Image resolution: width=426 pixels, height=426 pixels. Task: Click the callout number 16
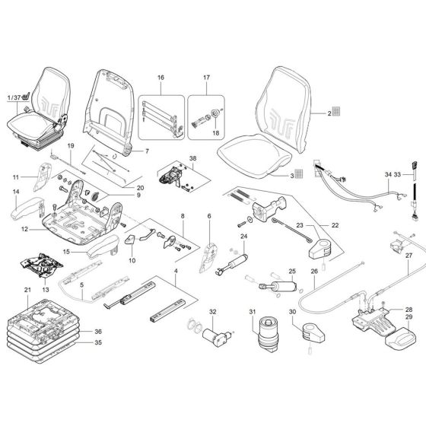coord(161,78)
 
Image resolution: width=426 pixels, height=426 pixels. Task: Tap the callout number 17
coord(205,78)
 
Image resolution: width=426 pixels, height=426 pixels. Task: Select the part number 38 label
coord(192,160)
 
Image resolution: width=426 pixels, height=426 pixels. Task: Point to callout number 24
coord(244,237)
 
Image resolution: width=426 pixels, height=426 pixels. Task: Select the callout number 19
coord(70,145)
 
